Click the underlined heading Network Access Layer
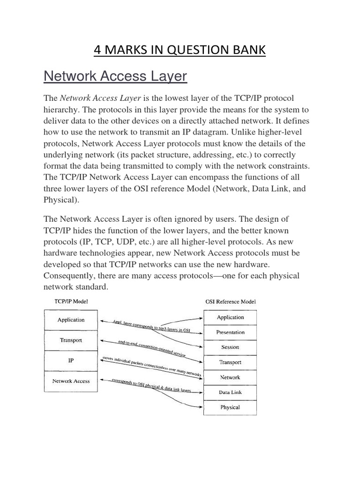pyautogui.click(x=115, y=76)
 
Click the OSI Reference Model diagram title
pyautogui.click(x=231, y=301)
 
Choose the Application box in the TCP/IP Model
pyautogui.click(x=71, y=320)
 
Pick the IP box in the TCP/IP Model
pyautogui.click(x=71, y=361)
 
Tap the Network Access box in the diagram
pyautogui.click(x=71, y=381)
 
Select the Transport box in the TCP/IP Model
pyautogui.click(x=71, y=340)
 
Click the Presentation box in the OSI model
pyautogui.click(x=230, y=332)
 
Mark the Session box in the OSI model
pyautogui.click(x=230, y=347)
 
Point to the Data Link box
pyautogui.click(x=230, y=392)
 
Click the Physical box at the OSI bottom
pyautogui.click(x=230, y=407)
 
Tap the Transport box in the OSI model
pyautogui.click(x=230, y=362)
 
